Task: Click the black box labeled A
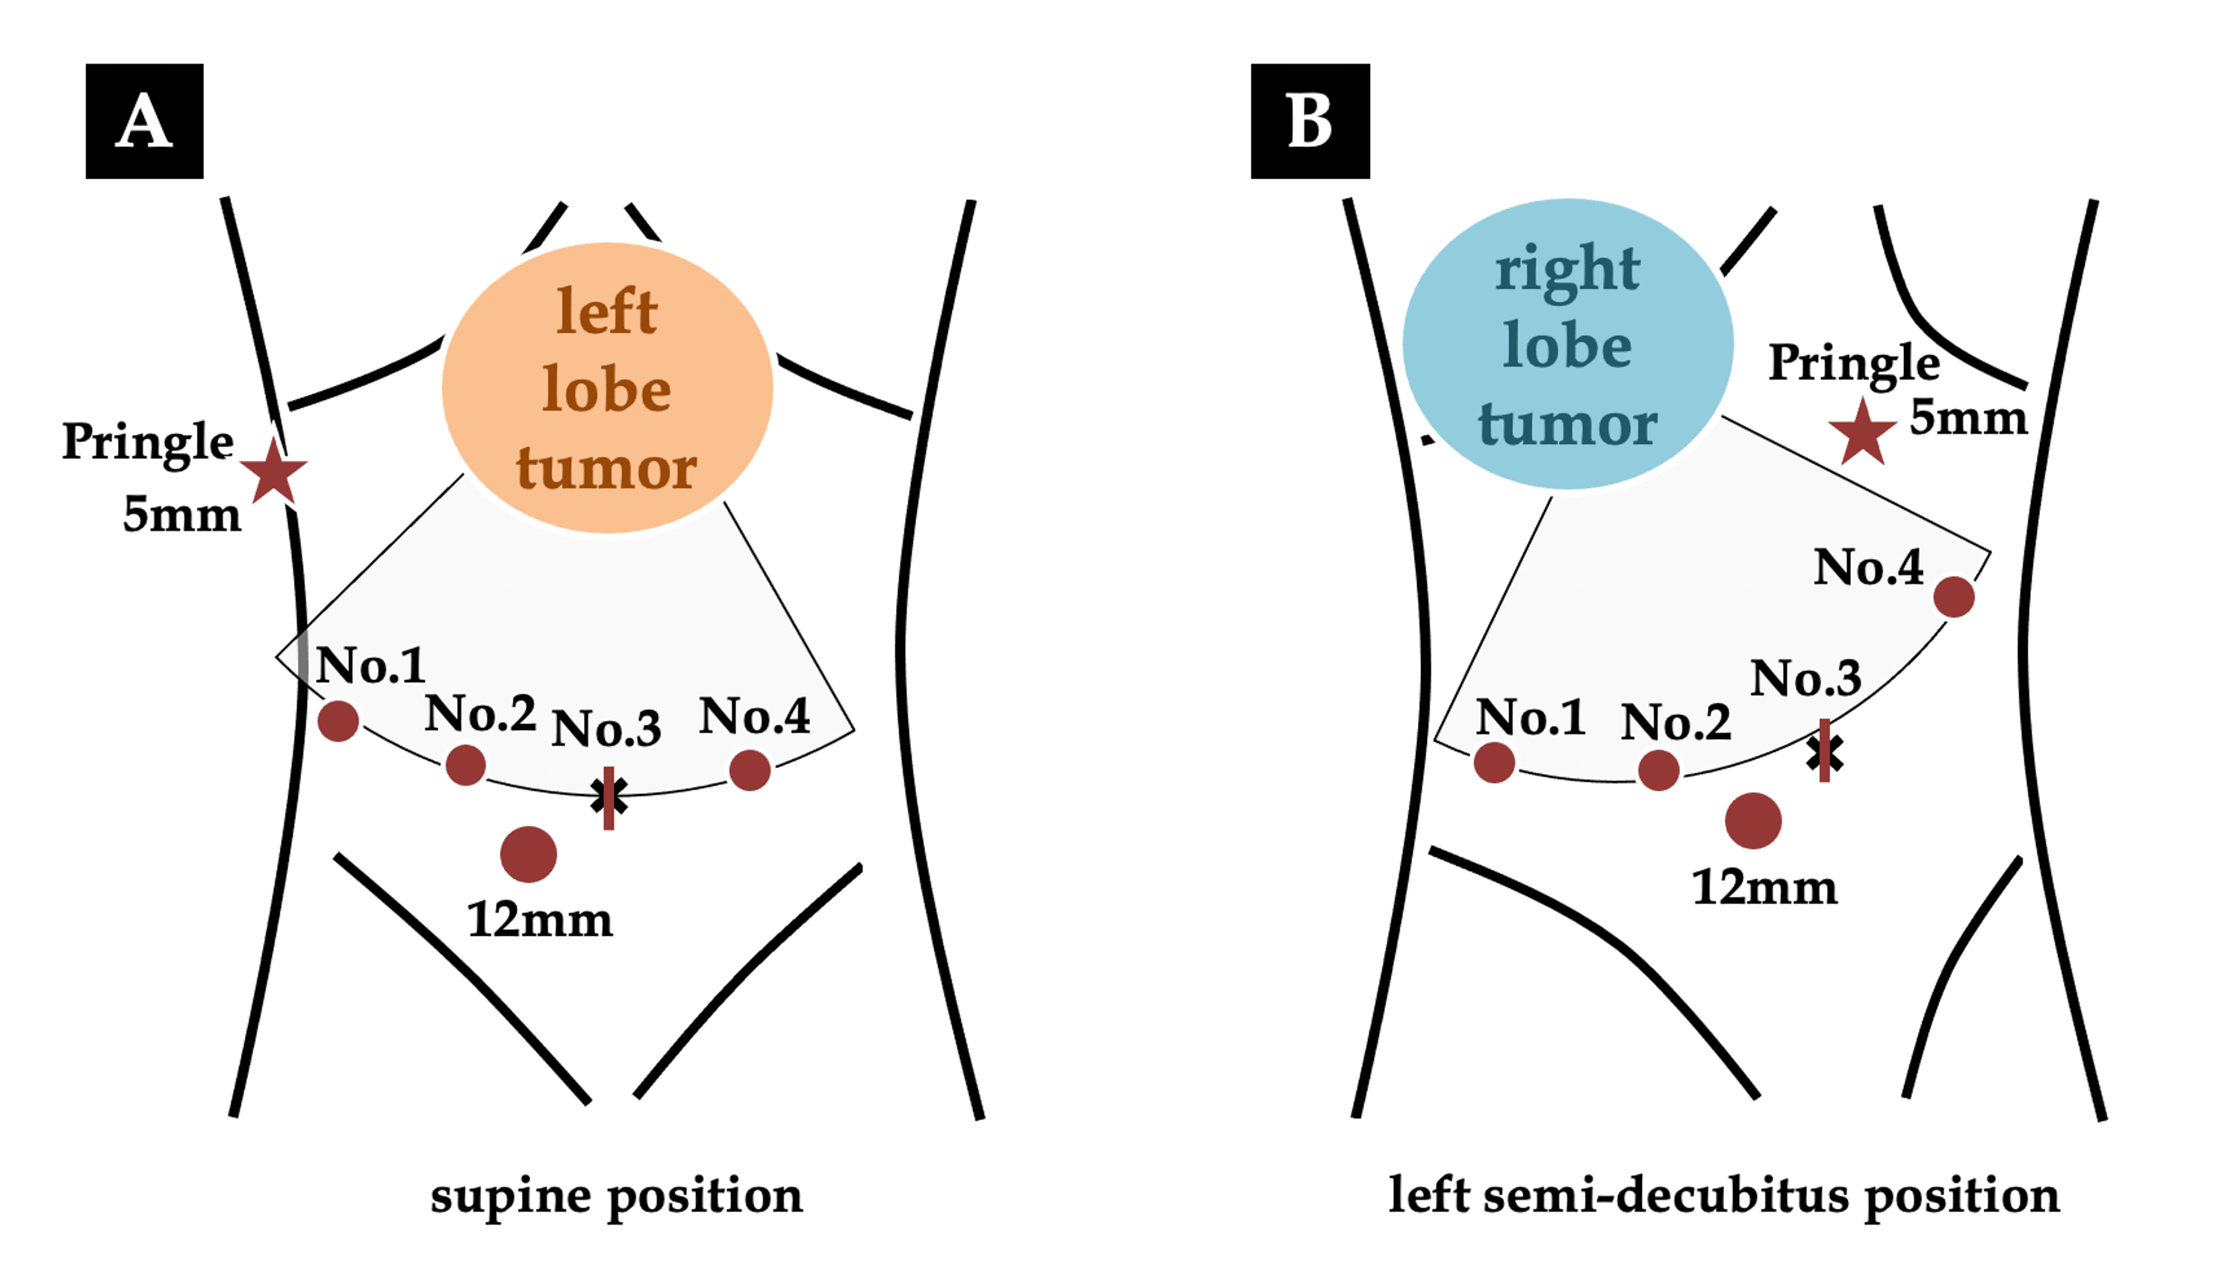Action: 145,121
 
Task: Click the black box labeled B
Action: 1310,121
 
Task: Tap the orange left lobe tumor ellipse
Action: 607,388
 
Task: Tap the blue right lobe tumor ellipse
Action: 1567,345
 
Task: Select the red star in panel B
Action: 1862,433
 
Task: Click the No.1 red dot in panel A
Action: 338,720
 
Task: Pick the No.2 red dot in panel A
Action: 465,765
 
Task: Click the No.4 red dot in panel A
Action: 750,770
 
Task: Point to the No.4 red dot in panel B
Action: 1953,597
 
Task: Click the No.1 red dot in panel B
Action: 1494,762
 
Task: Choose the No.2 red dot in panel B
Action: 1658,770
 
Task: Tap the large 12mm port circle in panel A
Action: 528,855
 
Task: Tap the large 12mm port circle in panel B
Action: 1753,820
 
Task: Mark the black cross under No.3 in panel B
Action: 1823,753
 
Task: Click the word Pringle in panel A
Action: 148,443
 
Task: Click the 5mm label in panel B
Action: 1967,418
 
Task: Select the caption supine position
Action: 616,1196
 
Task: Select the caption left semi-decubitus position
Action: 1723,1196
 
